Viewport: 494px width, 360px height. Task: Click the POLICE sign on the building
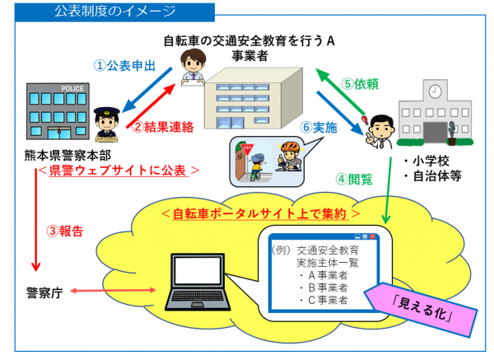[x=50, y=87]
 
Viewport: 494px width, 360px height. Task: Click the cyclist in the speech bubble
[x=289, y=156]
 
